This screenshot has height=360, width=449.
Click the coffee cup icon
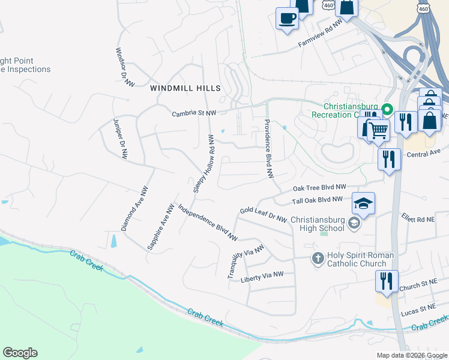287,17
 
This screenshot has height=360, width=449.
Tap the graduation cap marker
364,203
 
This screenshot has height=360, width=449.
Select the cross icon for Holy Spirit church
318,259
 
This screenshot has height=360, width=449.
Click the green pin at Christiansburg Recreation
387,110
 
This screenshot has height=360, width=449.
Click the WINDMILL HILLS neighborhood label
185,88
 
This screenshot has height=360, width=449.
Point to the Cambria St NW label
194,113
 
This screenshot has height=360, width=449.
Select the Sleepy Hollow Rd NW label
203,163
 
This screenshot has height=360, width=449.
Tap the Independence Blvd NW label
208,223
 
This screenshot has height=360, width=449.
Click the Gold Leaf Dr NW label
263,215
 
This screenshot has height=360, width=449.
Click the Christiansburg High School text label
318,224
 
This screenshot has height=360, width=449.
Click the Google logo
20,353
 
